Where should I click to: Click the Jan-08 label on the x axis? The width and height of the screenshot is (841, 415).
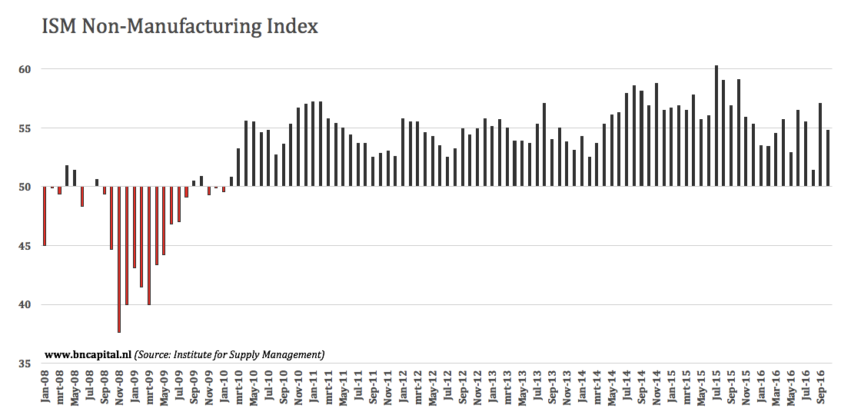point(45,389)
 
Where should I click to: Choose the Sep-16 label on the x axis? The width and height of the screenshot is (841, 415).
point(820,389)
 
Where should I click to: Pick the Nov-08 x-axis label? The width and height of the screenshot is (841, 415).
point(119,389)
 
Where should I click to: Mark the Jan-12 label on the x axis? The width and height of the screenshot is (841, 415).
point(403,389)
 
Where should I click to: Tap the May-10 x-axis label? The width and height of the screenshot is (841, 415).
point(254,389)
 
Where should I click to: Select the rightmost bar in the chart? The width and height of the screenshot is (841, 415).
point(828,158)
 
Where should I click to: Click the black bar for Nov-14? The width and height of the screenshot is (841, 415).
point(657,134)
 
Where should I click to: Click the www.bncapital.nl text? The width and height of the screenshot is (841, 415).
point(88,354)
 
